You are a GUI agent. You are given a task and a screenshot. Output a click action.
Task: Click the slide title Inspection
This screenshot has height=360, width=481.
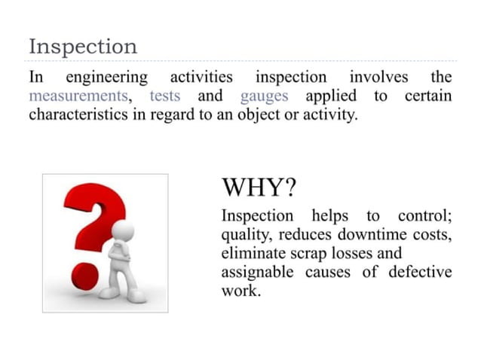click(x=83, y=47)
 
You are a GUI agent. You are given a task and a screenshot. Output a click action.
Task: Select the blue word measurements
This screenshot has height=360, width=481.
click(x=78, y=97)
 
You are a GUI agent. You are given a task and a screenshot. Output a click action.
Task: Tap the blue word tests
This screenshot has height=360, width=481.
click(x=165, y=97)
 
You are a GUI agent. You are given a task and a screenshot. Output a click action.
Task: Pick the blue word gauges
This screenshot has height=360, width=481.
click(x=265, y=97)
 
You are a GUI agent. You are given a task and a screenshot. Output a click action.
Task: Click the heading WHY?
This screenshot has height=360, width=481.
click(x=259, y=187)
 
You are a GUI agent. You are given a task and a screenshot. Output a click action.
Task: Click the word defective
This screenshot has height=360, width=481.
click(x=420, y=272)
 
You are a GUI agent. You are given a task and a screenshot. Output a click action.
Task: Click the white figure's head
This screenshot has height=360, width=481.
click(x=121, y=230)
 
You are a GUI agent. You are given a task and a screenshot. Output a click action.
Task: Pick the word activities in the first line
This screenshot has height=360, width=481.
click(x=201, y=78)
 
